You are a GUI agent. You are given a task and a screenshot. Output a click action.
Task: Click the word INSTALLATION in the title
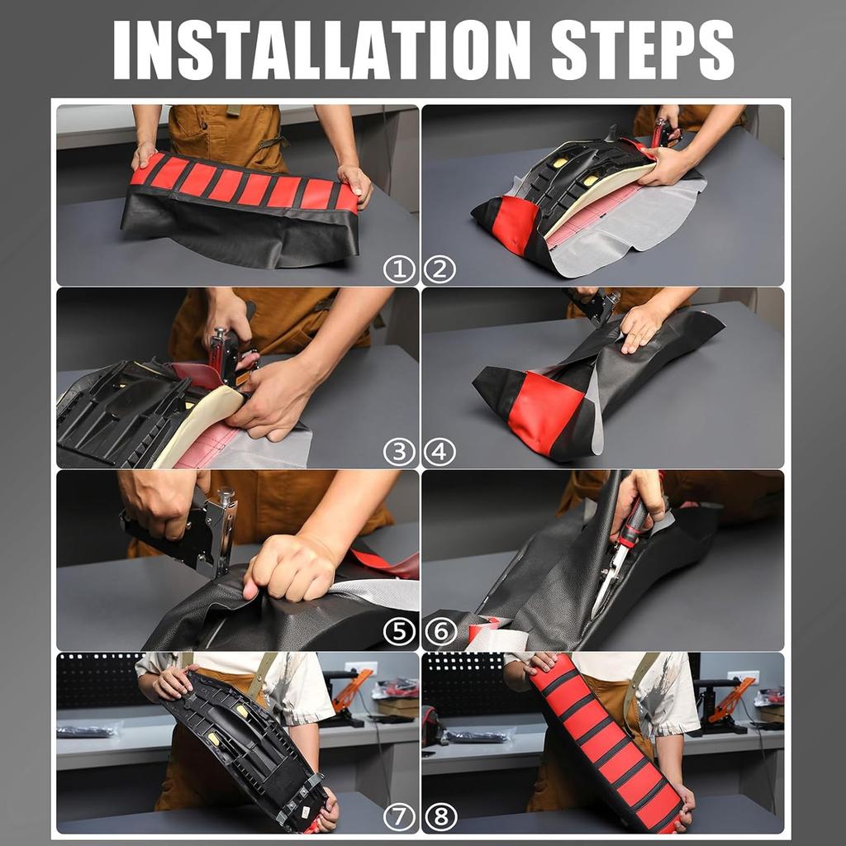tap(321, 50)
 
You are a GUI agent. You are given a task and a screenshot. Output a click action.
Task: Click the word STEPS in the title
tap(642, 50)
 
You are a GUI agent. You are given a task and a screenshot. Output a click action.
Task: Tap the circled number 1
tap(399, 269)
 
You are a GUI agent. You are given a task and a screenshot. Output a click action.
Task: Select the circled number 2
tap(440, 269)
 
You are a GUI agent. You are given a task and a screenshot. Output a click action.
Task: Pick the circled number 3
tap(399, 452)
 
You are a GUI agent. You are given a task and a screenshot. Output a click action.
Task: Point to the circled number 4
tap(440, 452)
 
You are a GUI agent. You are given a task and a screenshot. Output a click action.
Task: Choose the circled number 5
tap(399, 632)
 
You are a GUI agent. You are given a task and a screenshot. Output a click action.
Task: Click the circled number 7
tap(399, 817)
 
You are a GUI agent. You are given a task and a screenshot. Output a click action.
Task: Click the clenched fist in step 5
tap(288, 569)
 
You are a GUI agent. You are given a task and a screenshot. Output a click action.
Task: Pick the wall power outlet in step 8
tap(743, 677)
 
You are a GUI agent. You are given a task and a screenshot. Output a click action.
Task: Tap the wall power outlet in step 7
tap(360, 668)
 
